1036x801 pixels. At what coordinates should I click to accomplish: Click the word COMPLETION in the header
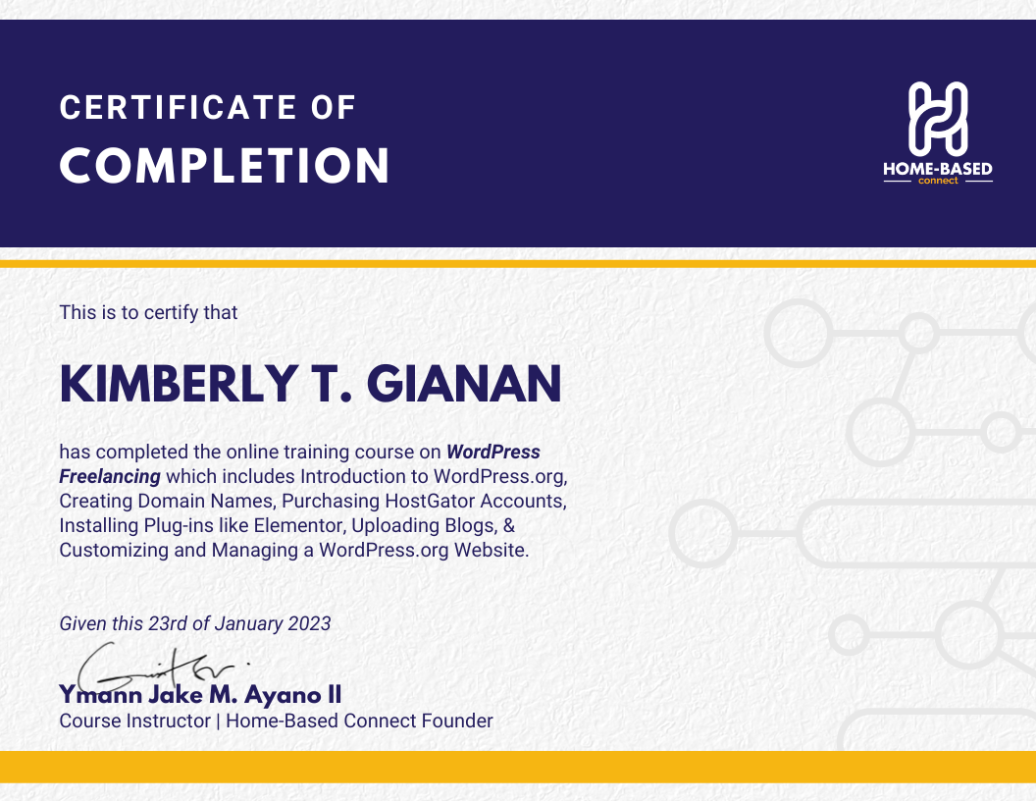click(225, 166)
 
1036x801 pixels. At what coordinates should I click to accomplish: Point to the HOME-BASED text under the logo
click(938, 170)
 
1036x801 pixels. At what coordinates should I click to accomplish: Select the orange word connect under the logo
click(938, 182)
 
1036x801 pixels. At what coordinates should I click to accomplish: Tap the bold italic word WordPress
click(492, 453)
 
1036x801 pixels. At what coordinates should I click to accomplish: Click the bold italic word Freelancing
click(110, 477)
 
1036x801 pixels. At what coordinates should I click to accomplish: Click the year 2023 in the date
click(309, 623)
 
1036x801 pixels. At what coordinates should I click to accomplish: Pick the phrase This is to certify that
click(148, 313)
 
